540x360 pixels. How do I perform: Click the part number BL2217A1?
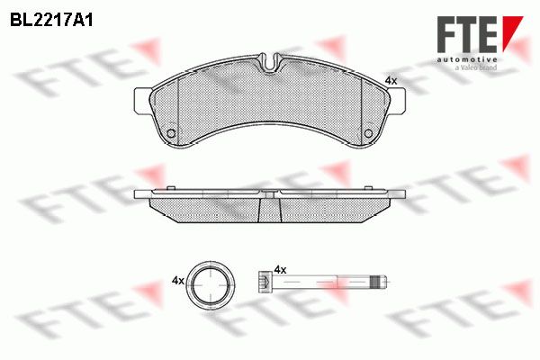51,21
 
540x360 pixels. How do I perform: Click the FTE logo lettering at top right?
467,34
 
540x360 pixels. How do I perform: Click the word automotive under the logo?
467,60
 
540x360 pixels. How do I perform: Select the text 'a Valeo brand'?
476,67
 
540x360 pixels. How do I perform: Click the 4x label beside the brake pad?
391,81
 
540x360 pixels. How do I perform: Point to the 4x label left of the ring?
177,281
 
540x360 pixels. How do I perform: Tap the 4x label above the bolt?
280,269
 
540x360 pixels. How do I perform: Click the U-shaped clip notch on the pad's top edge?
271,62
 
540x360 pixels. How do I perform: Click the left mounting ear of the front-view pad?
141,101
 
